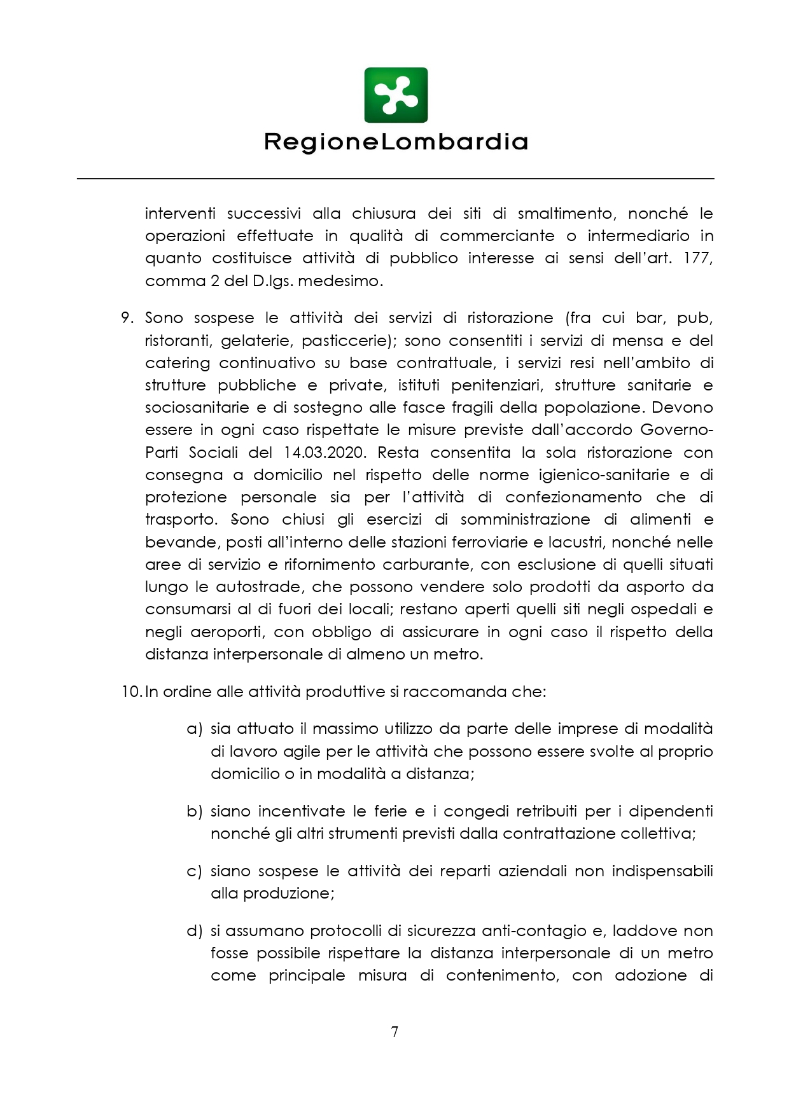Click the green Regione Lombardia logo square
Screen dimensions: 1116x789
pos(395,95)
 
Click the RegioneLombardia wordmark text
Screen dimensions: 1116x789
pos(396,142)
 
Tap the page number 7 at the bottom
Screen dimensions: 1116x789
pos(394,1031)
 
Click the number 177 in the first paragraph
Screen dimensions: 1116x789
pos(697,258)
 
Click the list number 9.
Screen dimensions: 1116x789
pos(127,318)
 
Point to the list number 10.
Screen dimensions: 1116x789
pos(132,692)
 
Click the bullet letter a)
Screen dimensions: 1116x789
pos(194,729)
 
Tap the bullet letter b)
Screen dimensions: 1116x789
pos(194,811)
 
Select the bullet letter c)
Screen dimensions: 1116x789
pos(194,871)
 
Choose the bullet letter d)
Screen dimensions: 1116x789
pos(194,931)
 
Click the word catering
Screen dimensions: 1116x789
pos(177,364)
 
